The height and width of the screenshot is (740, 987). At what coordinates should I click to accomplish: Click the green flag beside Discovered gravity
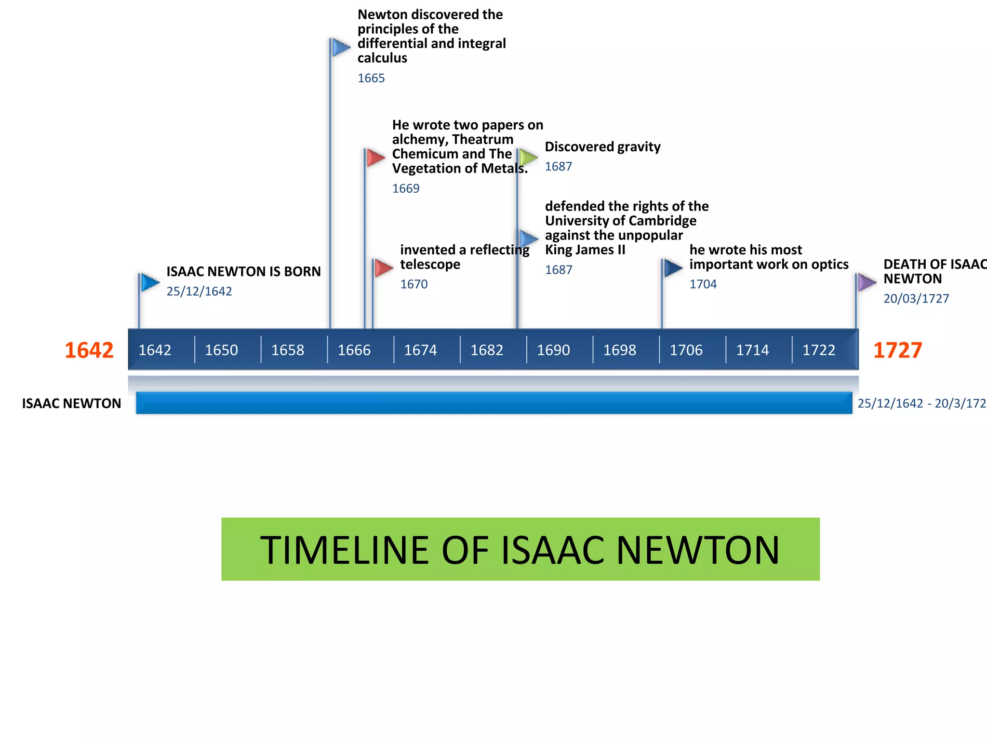529,157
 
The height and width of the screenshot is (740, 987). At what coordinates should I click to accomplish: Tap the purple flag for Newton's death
867,282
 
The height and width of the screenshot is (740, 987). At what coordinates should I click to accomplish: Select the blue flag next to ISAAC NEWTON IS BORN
150,282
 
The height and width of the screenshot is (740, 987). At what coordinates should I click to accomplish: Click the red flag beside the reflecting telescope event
384,268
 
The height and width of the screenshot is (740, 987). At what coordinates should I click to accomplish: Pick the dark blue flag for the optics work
673,268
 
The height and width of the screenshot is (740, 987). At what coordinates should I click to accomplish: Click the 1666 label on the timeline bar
354,350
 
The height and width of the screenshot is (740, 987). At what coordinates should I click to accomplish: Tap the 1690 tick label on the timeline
553,350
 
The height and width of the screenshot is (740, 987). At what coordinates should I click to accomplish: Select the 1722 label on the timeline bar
818,350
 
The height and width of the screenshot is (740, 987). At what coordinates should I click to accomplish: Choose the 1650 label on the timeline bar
221,350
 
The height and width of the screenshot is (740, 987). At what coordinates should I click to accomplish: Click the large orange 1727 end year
897,350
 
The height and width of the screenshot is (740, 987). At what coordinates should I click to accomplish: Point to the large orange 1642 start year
89,350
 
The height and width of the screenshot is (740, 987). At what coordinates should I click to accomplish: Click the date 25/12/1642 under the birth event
199,291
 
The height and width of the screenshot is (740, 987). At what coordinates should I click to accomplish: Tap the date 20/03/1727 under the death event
916,299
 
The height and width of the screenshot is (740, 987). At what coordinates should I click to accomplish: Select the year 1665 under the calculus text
371,78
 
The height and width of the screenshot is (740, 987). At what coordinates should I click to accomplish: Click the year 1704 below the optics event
703,284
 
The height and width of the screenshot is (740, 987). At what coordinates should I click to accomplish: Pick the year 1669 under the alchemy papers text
406,188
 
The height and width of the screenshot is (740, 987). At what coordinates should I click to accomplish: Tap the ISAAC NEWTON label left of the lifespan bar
71,403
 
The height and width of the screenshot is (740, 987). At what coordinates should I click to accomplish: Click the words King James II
585,250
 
